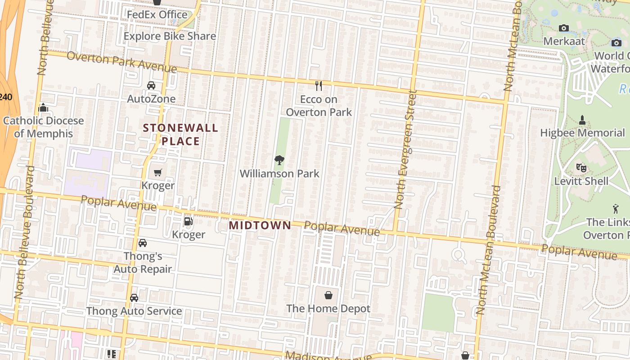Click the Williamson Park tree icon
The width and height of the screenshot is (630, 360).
coord(279,160)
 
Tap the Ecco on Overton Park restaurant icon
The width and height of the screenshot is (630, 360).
coord(319,85)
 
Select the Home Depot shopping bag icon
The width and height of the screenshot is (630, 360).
coord(328,295)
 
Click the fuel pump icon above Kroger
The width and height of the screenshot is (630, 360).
coord(188,221)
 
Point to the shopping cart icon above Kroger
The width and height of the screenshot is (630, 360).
coord(157,172)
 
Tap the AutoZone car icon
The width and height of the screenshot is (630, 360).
coord(151,85)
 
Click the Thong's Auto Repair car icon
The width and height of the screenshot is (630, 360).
coord(143,243)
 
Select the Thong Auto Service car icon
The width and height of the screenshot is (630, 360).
coord(134,298)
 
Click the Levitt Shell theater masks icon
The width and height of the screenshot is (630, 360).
coord(581,168)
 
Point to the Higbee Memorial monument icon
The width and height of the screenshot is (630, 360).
coord(582,120)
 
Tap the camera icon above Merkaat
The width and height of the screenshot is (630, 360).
coord(564,28)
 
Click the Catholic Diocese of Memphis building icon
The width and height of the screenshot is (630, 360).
coord(44,108)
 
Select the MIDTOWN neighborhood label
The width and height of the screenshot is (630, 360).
coord(260,225)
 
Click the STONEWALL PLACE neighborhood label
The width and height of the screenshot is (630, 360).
coord(180,135)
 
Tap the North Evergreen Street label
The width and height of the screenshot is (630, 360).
coord(405,149)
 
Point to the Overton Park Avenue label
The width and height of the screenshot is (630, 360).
coord(121,62)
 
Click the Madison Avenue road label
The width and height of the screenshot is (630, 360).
coord(328,356)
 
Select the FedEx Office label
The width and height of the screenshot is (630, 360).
coord(157,15)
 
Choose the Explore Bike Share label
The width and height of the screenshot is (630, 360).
coord(170,36)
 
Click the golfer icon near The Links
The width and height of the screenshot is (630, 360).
coord(616,209)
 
